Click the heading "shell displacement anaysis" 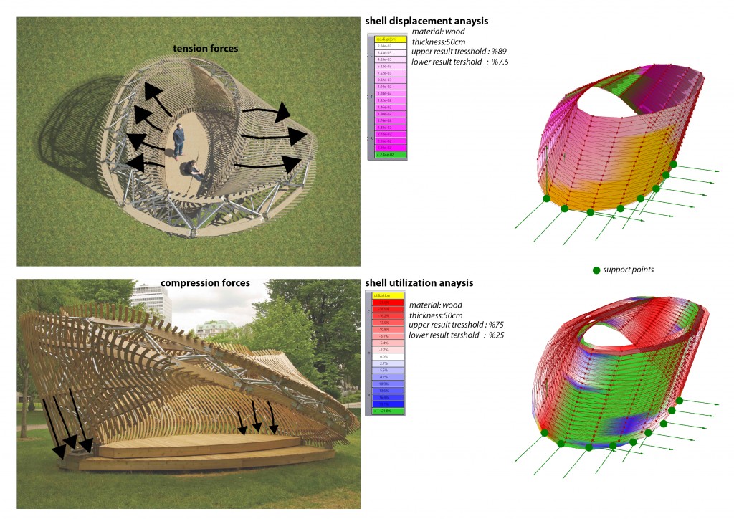pyautogui.click(x=426, y=22)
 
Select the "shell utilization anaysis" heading pyautogui.click(x=419, y=283)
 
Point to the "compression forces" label pyautogui.click(x=205, y=283)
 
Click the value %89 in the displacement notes pyautogui.click(x=500, y=52)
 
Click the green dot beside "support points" pyautogui.click(x=596, y=270)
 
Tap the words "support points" pyautogui.click(x=629, y=270)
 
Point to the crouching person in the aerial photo pyautogui.click(x=193, y=171)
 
